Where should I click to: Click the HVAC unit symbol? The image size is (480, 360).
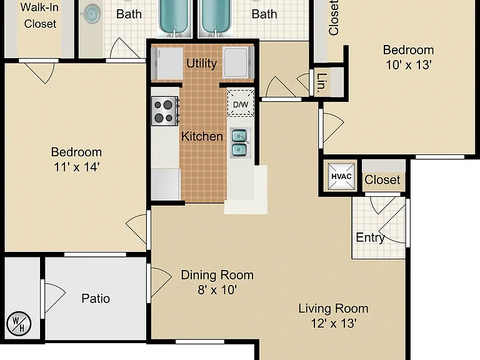341,176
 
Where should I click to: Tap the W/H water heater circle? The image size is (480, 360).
19,324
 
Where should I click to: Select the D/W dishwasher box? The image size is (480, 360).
241,103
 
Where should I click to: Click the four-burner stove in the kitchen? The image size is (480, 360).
165,111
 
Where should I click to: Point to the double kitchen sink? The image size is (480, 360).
240,142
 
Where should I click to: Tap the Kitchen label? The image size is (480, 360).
202,136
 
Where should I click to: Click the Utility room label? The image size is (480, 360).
201,63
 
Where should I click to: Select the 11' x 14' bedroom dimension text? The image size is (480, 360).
76,167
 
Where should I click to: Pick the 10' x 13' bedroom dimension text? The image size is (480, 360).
408,65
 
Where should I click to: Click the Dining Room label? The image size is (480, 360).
217,275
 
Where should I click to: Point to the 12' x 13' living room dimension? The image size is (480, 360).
333,323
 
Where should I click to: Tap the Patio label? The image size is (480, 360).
96,299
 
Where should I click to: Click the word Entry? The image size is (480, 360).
370,237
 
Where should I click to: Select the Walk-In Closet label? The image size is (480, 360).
40,15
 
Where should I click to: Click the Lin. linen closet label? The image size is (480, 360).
322,82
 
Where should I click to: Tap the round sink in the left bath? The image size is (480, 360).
91,14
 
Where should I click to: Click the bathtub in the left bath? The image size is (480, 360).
174,17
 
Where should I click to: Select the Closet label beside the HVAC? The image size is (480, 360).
382,180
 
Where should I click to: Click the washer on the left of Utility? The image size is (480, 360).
167,63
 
